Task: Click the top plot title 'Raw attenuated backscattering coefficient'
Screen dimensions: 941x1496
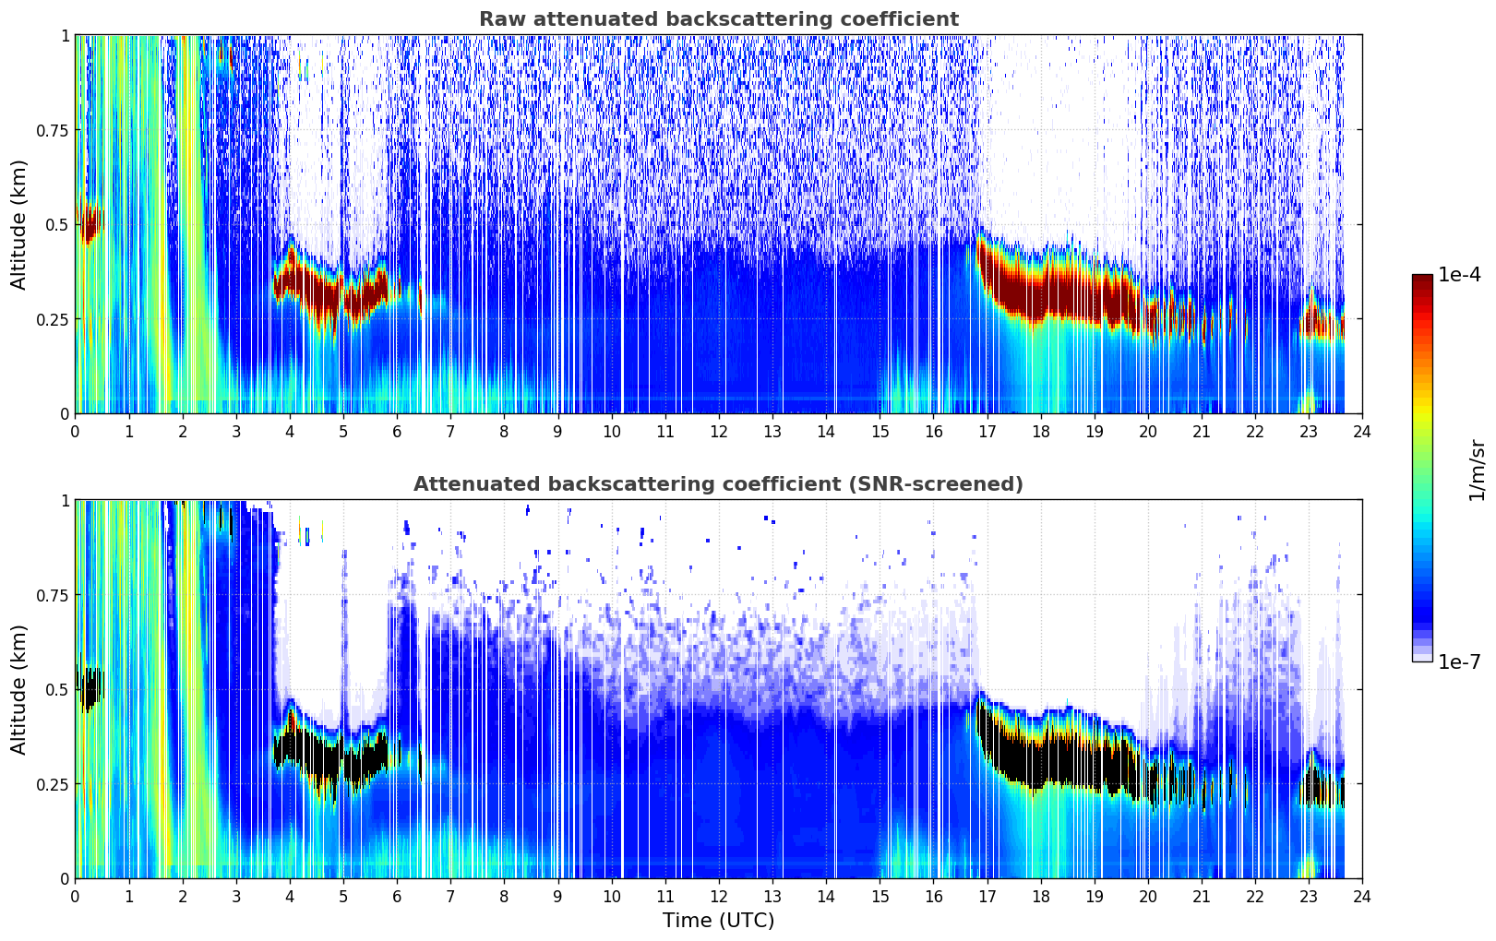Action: (x=718, y=19)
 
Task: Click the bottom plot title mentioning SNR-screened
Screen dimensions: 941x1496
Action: (x=718, y=484)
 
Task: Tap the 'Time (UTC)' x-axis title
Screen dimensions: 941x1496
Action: (x=718, y=920)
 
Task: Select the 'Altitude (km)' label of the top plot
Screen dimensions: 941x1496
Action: (x=19, y=224)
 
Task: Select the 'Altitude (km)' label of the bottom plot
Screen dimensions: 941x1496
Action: (x=19, y=689)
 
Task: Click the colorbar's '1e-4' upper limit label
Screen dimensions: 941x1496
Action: (x=1459, y=275)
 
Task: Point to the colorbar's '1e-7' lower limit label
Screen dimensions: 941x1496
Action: (x=1459, y=661)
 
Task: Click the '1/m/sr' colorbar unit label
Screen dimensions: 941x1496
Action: (x=1477, y=470)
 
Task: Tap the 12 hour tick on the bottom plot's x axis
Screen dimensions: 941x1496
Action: (x=718, y=896)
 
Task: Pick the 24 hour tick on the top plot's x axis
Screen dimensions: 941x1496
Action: (x=1362, y=431)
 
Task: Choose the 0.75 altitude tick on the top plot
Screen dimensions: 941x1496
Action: (x=53, y=130)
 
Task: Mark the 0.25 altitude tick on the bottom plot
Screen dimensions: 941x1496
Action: (x=53, y=784)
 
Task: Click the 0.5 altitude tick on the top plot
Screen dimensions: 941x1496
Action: (x=58, y=224)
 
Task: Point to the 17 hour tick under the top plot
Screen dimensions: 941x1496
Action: (x=987, y=431)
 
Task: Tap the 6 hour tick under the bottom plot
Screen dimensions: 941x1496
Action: (x=397, y=896)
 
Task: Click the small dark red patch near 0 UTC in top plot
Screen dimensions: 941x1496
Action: (x=90, y=224)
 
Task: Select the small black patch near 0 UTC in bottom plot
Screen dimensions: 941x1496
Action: (x=90, y=690)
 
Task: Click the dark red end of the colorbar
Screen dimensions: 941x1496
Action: (x=1422, y=280)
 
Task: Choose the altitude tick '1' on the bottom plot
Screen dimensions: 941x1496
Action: (x=65, y=500)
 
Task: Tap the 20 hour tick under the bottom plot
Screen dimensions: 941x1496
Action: (x=1147, y=896)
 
